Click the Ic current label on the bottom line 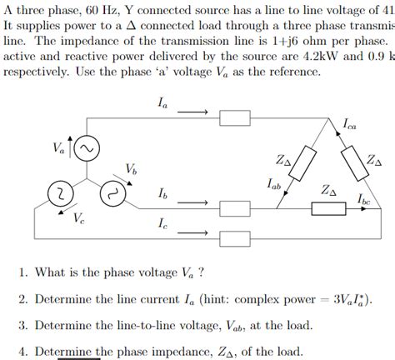coord(161,223)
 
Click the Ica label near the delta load coord(350,124)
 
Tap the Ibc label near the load coord(364,199)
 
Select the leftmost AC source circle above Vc coord(59,193)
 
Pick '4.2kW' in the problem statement coord(320,57)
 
